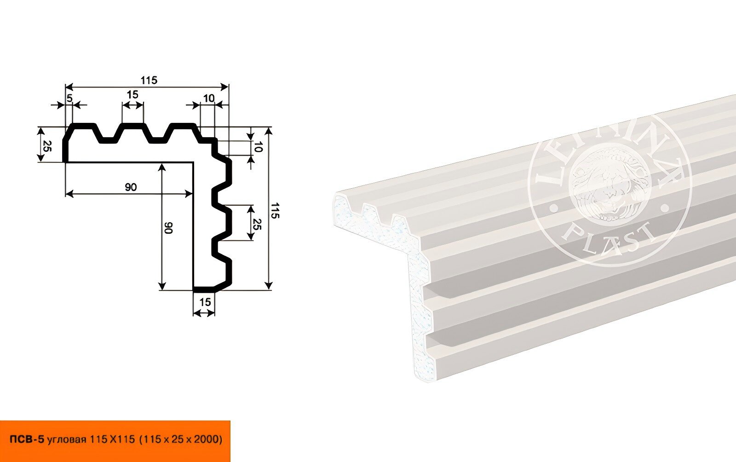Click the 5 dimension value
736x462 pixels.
coord(69,98)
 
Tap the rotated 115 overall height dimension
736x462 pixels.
coord(275,210)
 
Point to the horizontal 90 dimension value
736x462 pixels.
coord(131,187)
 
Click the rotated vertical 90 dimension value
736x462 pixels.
coord(168,228)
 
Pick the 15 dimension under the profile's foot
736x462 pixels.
coord(205,302)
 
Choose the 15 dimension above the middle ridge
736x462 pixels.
coord(132,95)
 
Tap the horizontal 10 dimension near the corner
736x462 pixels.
coord(209,98)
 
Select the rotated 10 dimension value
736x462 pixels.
coord(258,147)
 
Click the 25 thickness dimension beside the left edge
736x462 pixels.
coord(47,145)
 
